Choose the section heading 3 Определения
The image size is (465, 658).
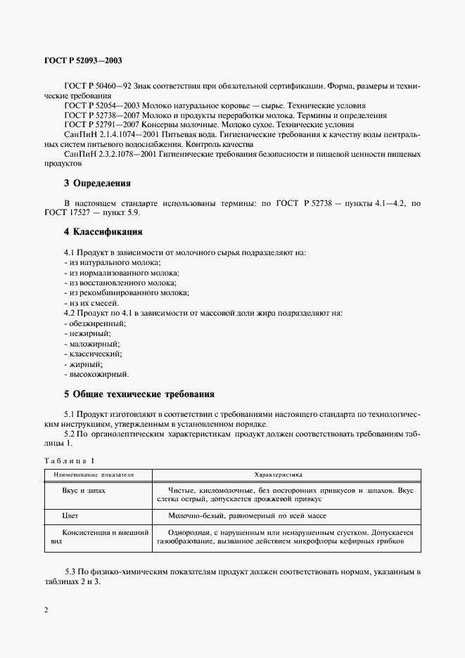click(98, 183)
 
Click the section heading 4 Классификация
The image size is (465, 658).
click(103, 231)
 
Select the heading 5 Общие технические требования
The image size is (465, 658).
click(139, 394)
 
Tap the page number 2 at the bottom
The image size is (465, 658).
click(46, 609)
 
